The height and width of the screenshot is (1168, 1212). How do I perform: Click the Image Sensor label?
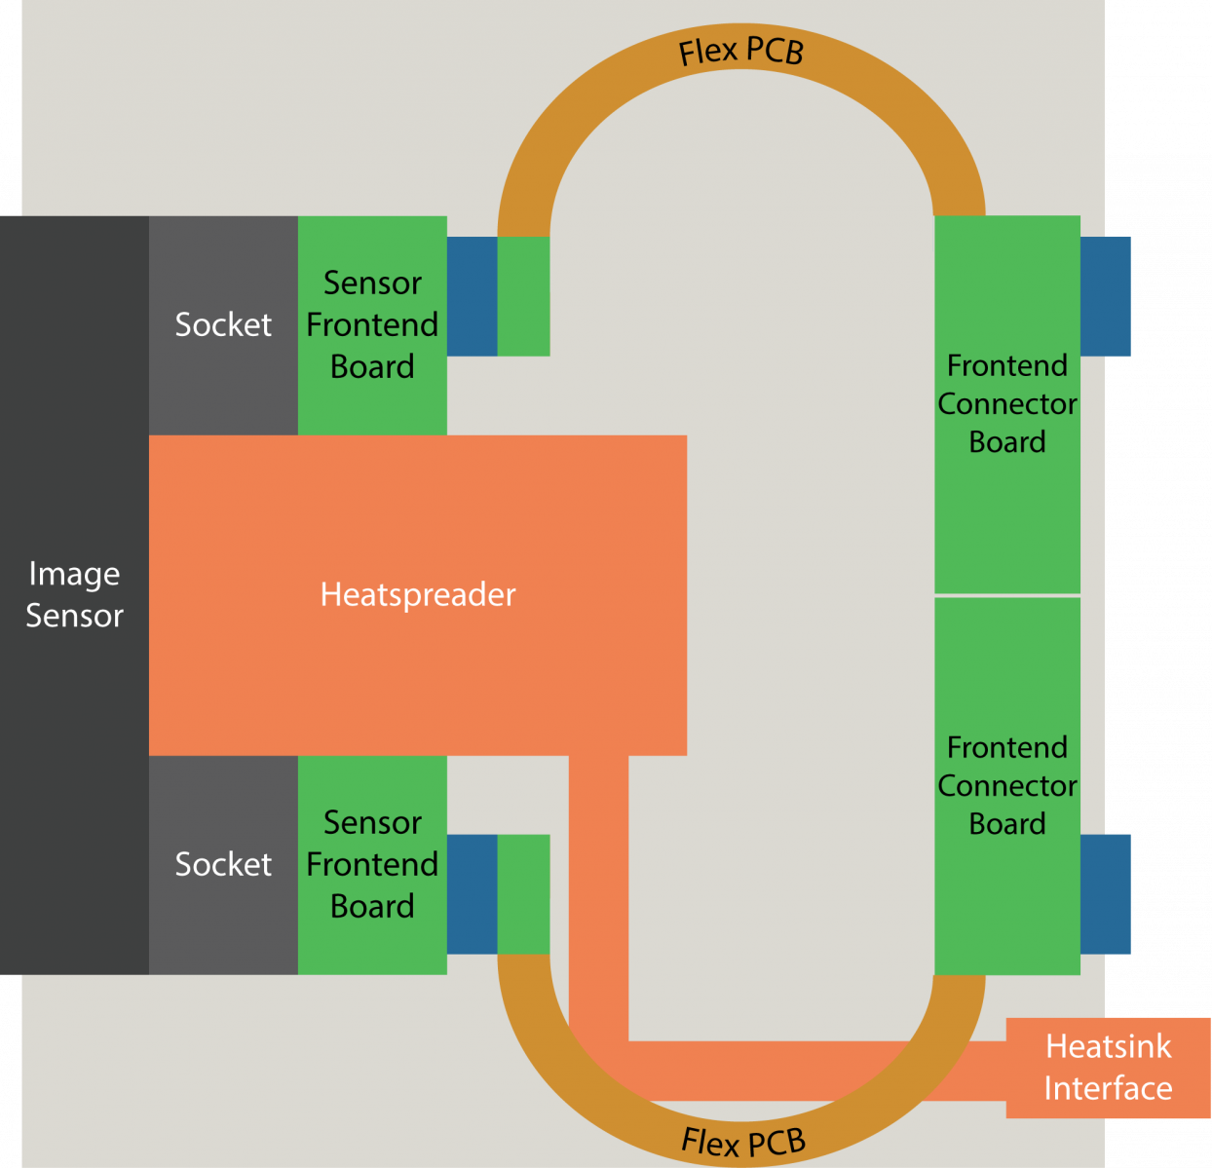click(74, 594)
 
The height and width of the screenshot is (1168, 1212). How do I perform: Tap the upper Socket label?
click(223, 324)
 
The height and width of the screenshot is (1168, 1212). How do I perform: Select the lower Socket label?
click(223, 864)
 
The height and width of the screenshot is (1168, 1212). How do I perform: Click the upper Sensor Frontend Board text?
click(372, 324)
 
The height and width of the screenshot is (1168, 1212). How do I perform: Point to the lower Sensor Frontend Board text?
click(372, 864)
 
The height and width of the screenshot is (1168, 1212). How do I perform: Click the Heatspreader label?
click(418, 594)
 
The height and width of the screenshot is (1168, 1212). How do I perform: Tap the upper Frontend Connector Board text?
click(1007, 403)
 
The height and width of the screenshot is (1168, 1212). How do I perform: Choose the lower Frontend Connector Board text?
click(1007, 786)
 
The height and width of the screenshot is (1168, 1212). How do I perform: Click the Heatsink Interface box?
click(1108, 1068)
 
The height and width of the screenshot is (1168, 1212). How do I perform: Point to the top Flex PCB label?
click(741, 51)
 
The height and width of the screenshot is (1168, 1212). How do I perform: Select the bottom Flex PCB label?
click(743, 1142)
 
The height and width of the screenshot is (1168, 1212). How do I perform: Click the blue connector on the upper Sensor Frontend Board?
click(473, 296)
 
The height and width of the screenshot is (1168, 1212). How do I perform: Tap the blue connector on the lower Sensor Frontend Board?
click(473, 894)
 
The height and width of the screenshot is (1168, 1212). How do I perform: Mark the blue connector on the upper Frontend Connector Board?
click(1106, 296)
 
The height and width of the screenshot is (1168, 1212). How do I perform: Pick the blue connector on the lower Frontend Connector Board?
click(1106, 894)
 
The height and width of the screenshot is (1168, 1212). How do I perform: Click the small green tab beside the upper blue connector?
click(524, 296)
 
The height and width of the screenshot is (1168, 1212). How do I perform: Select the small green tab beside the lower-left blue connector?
click(524, 894)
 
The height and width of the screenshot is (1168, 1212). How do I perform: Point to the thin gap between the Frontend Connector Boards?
click(1007, 596)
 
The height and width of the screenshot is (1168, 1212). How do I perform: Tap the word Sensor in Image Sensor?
click(74, 616)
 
